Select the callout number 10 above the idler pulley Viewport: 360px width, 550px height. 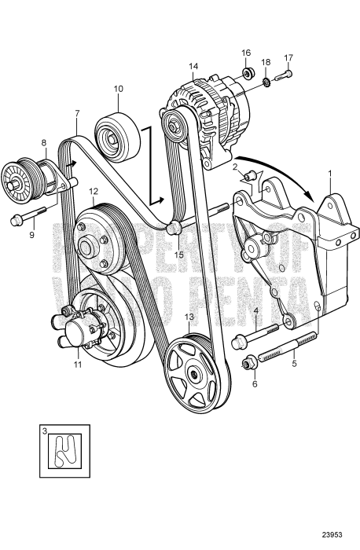(x=119, y=89)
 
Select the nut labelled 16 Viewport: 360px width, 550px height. (x=248, y=75)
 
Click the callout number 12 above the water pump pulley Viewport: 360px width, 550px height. (x=93, y=191)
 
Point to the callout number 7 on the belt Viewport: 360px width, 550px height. (x=76, y=113)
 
